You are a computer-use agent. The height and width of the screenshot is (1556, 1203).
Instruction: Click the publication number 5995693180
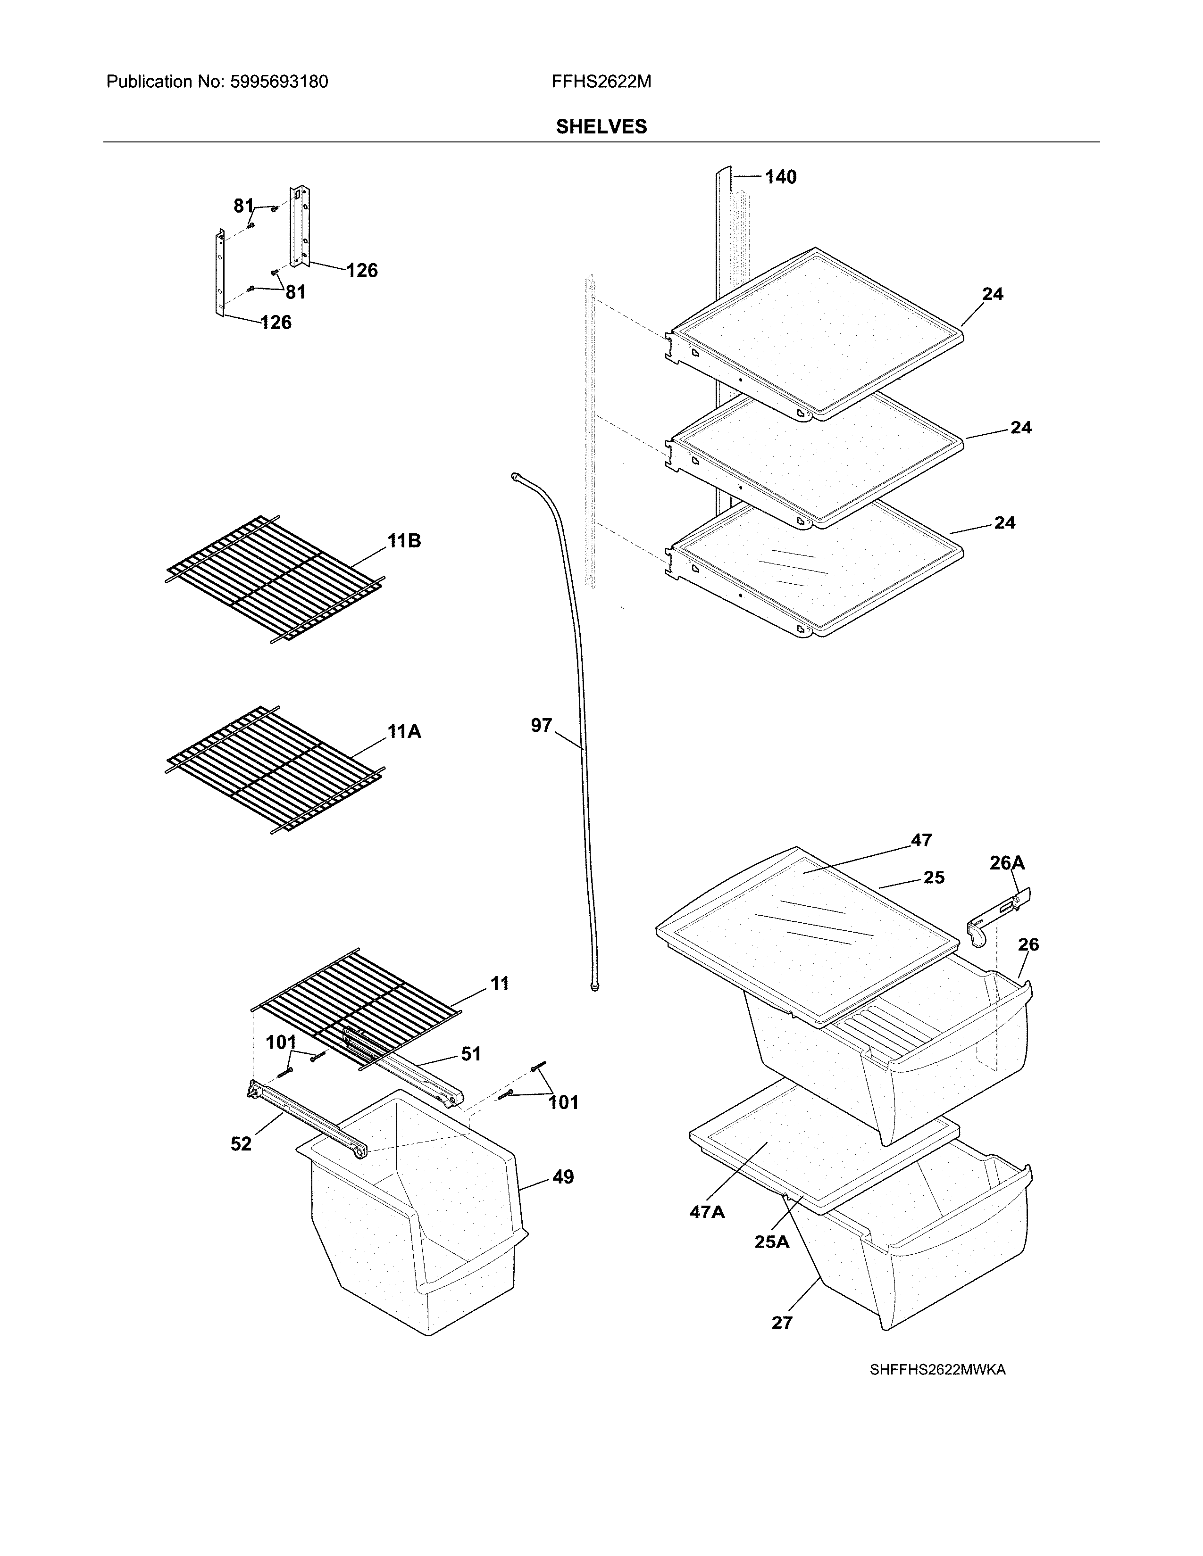tap(279, 82)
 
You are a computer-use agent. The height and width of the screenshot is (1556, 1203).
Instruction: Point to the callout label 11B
tap(404, 541)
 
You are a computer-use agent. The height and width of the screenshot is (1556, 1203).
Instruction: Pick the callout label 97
tap(541, 725)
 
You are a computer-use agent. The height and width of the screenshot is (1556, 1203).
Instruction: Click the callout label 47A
tap(707, 1211)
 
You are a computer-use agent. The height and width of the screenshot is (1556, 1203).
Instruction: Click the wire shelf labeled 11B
tap(275, 579)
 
